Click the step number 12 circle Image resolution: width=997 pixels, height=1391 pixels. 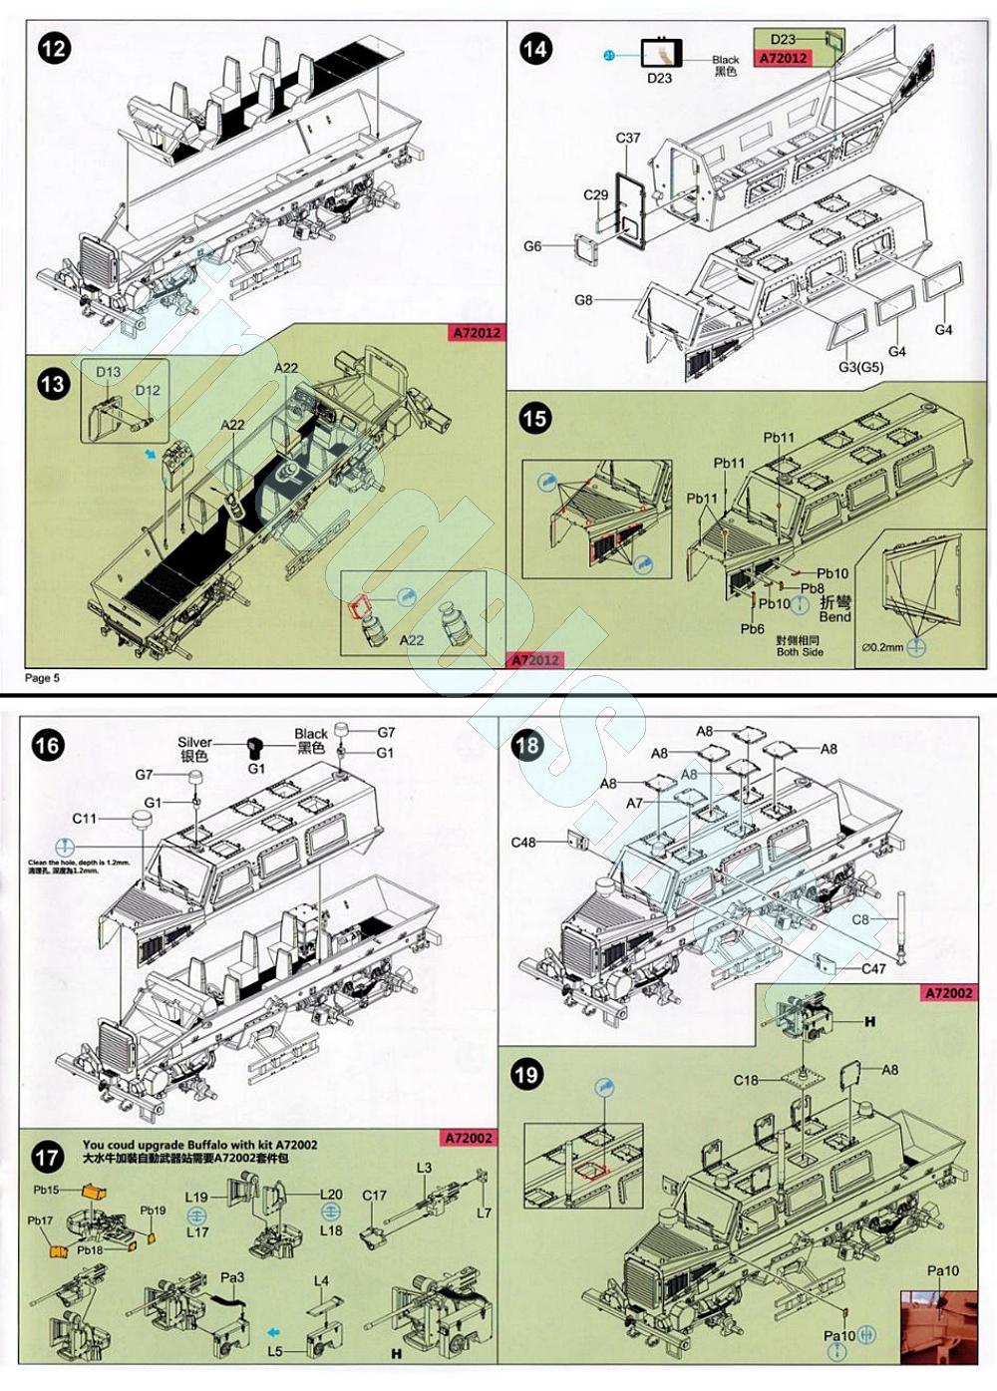pos(54,47)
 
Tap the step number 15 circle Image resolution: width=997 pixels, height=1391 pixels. pos(535,418)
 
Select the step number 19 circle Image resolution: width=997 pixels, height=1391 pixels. pos(526,1074)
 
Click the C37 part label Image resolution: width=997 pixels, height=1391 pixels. pos(628,139)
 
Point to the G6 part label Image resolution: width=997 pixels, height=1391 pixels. pos(532,246)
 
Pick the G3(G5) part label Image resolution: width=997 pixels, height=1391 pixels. pos(859,367)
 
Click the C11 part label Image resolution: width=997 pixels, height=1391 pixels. pos(85,819)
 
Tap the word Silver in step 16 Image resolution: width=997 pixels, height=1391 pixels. pos(194,742)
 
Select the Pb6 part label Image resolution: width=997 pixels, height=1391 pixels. pos(752,629)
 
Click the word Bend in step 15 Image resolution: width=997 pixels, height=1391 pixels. pos(834,617)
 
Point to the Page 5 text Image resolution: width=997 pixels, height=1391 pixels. pos(42,678)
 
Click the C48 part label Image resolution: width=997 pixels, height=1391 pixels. pos(523,843)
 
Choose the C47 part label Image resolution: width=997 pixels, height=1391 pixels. pos(873,968)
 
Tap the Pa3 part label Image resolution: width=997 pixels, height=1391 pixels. pos(231,1277)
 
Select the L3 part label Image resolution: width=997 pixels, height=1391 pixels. pos(424,1168)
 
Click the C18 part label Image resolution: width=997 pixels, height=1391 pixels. pos(746,1080)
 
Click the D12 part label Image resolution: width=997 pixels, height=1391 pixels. pos(148,390)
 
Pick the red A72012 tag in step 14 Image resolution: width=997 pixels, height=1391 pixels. pos(783,58)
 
